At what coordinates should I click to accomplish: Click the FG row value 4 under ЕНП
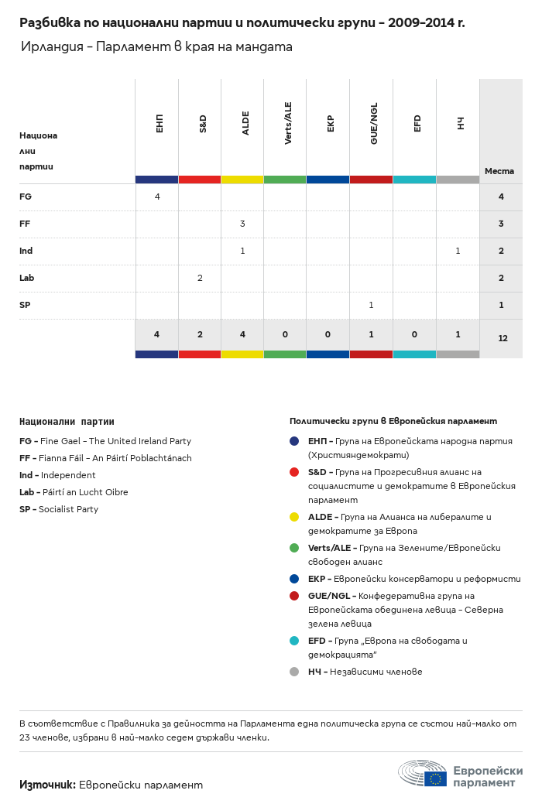click(x=157, y=197)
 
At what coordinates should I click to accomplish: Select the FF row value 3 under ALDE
click(x=242, y=224)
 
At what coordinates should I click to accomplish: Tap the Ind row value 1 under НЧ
click(x=458, y=251)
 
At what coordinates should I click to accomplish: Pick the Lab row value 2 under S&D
click(x=200, y=278)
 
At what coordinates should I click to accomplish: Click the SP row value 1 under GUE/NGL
click(x=371, y=305)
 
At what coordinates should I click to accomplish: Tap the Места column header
click(x=499, y=171)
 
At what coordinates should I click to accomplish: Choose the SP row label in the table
click(x=25, y=305)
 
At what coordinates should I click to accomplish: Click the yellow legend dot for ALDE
click(x=294, y=517)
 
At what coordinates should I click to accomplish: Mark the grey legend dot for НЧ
click(x=294, y=672)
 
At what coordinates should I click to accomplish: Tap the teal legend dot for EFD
click(x=294, y=641)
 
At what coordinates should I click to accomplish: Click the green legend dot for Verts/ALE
click(x=294, y=548)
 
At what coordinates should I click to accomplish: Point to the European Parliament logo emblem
click(x=423, y=773)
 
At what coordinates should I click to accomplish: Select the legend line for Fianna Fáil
click(x=105, y=458)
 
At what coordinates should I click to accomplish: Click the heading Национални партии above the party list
click(x=67, y=422)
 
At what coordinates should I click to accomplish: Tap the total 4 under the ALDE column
click(x=242, y=334)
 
